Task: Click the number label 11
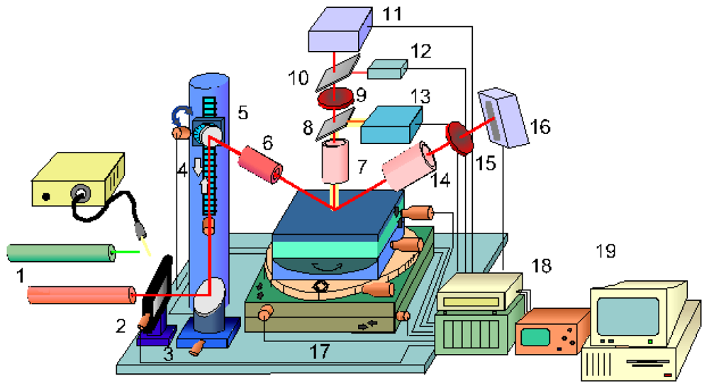391,13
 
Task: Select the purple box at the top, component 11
340,29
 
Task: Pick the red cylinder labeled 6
259,165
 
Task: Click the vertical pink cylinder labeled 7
337,162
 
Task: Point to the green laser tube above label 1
60,251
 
